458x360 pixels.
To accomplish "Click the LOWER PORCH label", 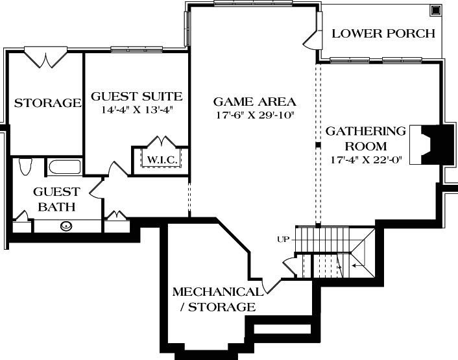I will coord(383,34).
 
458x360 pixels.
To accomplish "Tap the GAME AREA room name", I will coord(255,102).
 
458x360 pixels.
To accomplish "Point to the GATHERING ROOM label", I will coord(365,138).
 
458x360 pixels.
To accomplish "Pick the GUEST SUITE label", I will coord(136,97).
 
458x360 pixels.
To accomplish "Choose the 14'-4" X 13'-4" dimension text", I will coord(136,110).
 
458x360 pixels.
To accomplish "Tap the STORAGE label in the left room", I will coord(47,103).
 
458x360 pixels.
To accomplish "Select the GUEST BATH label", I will coord(56,199).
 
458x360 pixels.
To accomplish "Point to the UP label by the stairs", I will coord(283,240).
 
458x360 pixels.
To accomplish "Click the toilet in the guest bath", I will coord(26,166).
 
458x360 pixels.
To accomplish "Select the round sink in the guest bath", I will coord(66,226).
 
